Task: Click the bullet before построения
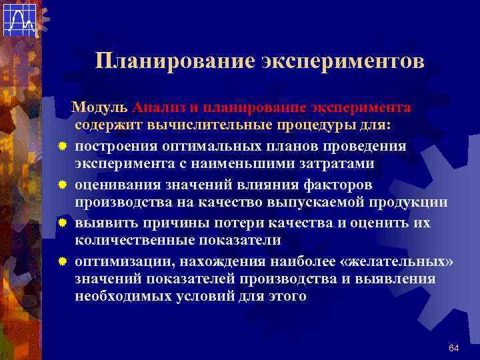pyautogui.click(x=61, y=145)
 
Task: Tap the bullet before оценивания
pyautogui.click(x=61, y=183)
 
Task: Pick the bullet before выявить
pyautogui.click(x=61, y=221)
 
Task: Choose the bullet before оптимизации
pyautogui.click(x=61, y=260)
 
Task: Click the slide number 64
pyautogui.click(x=454, y=348)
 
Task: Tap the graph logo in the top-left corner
pyautogui.click(x=19, y=19)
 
